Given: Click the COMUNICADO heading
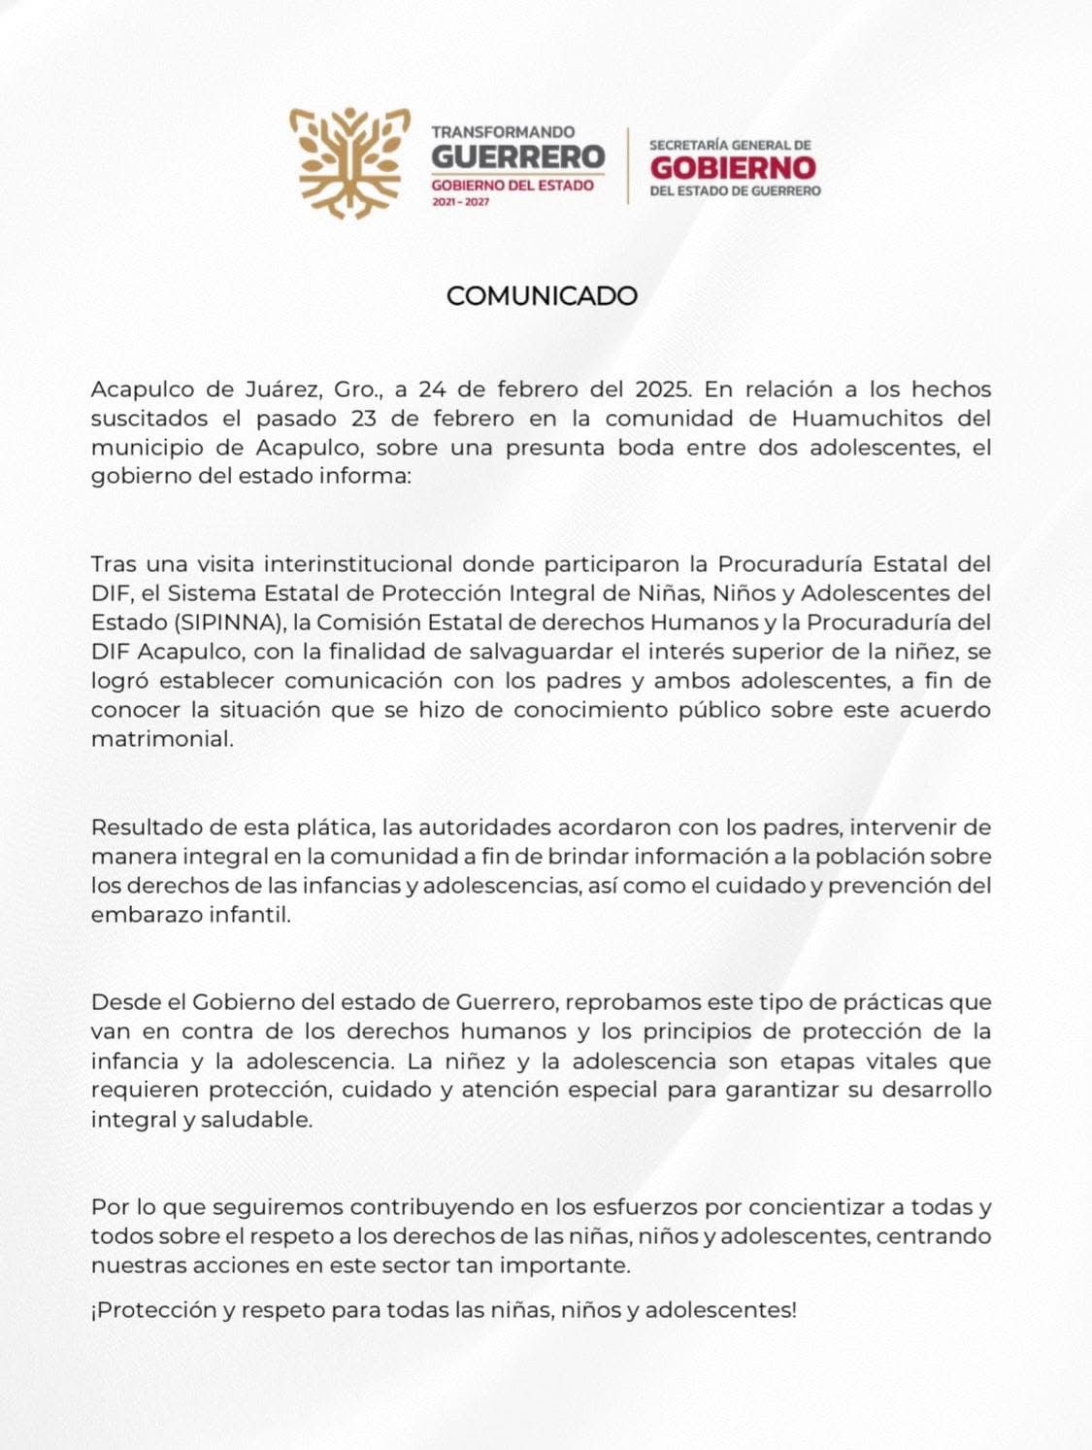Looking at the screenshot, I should pos(542,296).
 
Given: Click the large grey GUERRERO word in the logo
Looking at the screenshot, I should pos(517,156).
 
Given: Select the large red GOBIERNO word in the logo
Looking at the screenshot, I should pos(733,167).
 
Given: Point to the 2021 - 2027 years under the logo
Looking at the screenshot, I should pos(460,202).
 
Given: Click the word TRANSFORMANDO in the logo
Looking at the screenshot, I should pos(503,131).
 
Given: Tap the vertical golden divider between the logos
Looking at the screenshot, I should pos(627,165).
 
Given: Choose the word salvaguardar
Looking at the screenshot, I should pos(553,651).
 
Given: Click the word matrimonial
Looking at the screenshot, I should pos(162,738).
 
